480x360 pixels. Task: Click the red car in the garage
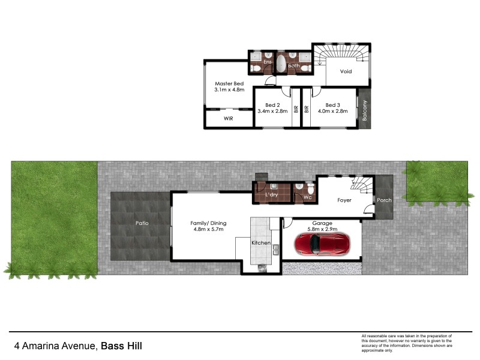point(322,244)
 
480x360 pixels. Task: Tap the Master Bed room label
point(229,83)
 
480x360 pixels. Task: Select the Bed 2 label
point(272,104)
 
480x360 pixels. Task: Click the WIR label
point(228,119)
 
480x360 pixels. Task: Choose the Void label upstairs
point(346,71)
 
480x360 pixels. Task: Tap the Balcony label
point(365,110)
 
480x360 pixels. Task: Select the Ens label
point(268,62)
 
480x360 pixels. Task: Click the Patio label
point(142,223)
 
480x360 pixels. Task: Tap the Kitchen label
point(261,244)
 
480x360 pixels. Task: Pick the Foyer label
point(344,200)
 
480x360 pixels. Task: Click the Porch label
point(383,200)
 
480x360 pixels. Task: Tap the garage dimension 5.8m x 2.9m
point(322,229)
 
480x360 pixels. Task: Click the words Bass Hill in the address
point(121,346)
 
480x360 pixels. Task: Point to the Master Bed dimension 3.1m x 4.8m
point(229,90)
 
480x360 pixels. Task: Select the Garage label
point(322,223)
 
